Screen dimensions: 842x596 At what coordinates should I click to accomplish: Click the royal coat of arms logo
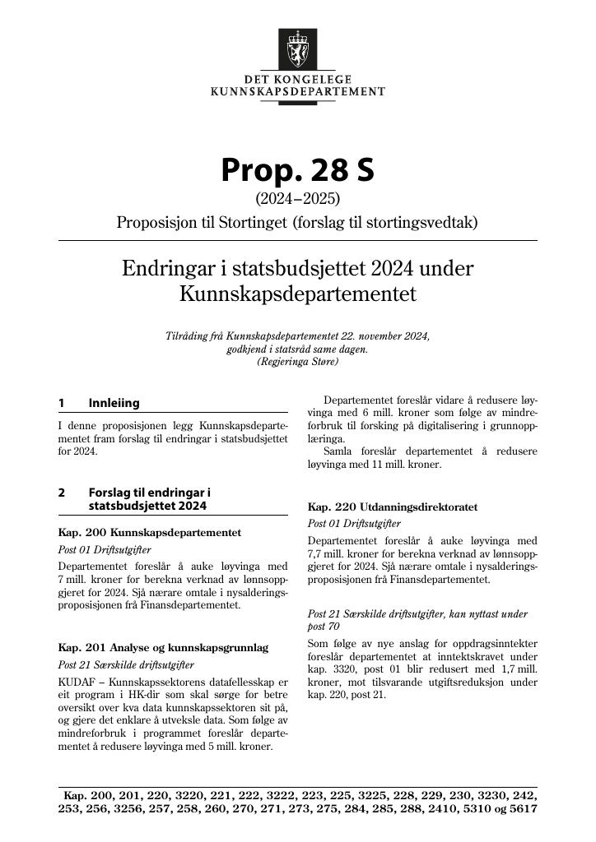[297, 49]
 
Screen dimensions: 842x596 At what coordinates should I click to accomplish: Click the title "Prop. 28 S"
[297, 169]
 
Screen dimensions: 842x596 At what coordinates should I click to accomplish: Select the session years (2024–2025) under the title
[297, 199]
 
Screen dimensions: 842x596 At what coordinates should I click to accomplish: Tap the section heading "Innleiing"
[114, 403]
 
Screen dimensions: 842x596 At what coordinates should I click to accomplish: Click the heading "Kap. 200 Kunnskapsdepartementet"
[150, 533]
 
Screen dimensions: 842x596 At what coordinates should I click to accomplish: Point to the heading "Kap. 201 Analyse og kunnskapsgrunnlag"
[163, 648]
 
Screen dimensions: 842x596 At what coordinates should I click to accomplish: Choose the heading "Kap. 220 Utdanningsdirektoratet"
[392, 507]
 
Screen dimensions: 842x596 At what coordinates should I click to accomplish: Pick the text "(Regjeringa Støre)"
[297, 361]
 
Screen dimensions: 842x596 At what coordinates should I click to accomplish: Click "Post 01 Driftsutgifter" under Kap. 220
[354, 524]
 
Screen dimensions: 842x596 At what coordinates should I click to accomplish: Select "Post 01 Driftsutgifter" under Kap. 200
[105, 549]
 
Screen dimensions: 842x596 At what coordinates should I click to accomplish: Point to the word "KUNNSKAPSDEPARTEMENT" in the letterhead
[298, 91]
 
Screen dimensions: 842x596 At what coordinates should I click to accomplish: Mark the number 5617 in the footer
[523, 809]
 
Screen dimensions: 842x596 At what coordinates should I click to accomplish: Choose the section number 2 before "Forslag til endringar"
[62, 492]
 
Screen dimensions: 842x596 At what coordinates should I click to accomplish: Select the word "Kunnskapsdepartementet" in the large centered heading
[297, 294]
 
